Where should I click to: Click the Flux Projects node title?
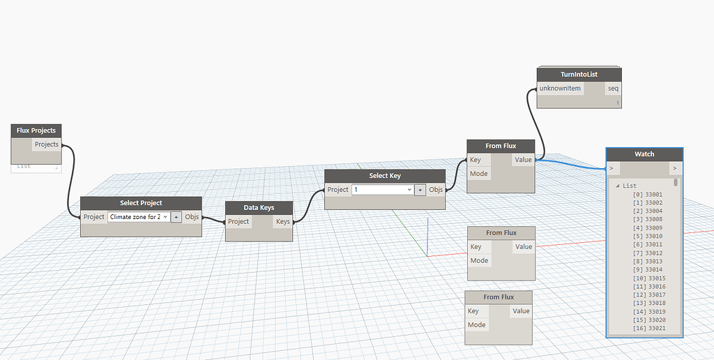36,130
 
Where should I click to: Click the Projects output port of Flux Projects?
47,144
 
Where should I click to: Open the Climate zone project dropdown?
139,217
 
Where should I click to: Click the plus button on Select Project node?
176,217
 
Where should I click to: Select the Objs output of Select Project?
192,217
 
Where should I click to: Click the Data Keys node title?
259,208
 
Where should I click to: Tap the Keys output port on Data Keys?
282,222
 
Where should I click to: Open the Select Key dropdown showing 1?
383,190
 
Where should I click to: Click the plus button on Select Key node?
420,190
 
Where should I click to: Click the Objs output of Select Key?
436,190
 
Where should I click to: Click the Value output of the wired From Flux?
523,160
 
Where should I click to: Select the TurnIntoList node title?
579,75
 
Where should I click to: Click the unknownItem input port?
560,89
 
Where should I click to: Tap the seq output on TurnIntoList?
612,89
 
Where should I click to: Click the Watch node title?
644,153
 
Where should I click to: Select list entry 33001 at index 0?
648,194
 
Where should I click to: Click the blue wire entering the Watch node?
572,165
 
